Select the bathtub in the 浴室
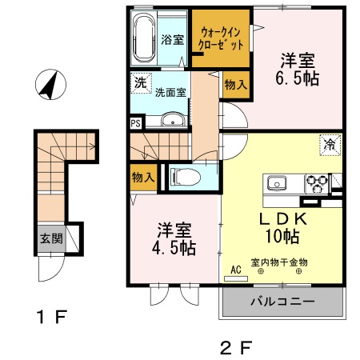click(146, 38)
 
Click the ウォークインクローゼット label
click(222, 38)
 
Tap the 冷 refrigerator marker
click(329, 145)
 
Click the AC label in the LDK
click(236, 270)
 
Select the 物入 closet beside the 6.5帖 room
click(234, 82)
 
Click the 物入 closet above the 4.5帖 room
click(142, 178)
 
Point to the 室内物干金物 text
click(279, 262)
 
